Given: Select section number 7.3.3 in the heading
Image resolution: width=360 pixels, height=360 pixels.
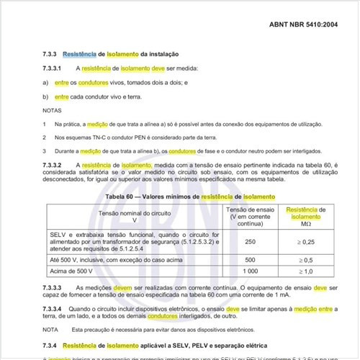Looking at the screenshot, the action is click(x=50, y=54).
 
